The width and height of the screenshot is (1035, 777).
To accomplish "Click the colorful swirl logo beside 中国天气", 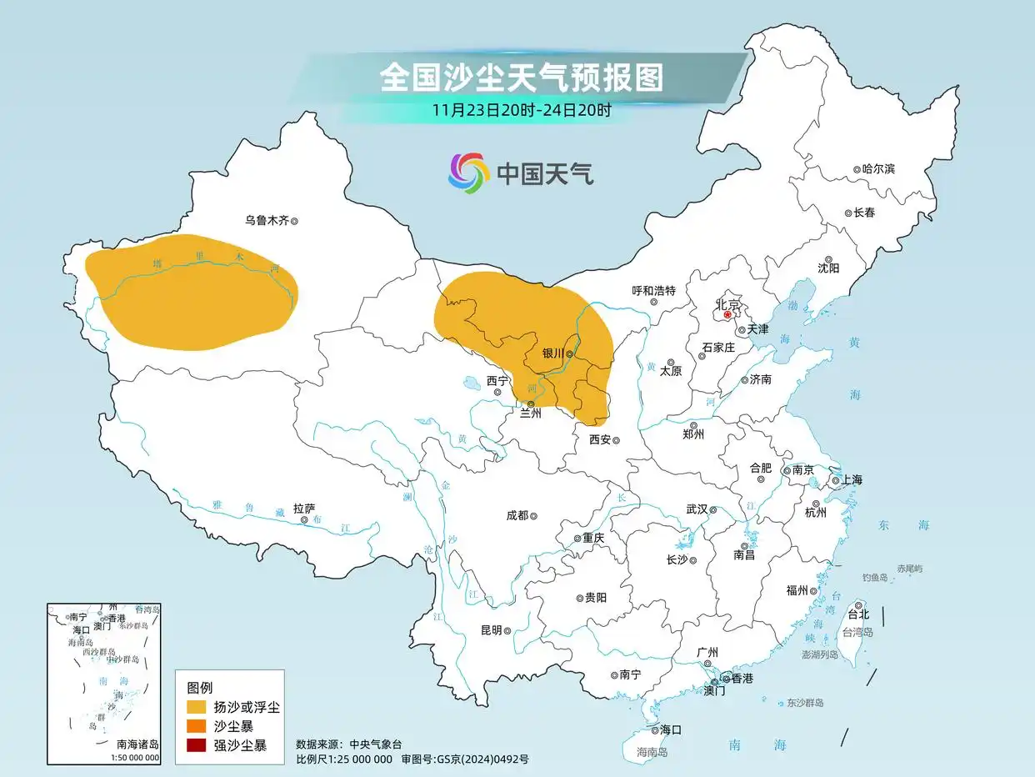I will [x=468, y=173].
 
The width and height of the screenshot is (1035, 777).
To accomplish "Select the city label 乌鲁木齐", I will [x=266, y=221].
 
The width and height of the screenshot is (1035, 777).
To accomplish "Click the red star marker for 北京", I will [x=727, y=315].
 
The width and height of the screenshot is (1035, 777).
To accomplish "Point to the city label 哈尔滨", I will [x=878, y=168].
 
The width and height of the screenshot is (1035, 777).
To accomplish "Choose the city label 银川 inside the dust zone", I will [x=553, y=353].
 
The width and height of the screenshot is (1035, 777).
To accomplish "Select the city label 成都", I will [x=517, y=515].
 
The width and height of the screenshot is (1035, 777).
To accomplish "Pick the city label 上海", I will [x=852, y=479].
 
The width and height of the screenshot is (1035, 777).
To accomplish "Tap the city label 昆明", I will [x=492, y=630].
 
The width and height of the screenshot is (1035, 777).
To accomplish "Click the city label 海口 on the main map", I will [x=671, y=729].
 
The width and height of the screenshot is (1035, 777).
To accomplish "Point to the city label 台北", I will [x=857, y=614].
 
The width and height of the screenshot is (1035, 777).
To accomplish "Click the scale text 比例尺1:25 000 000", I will [x=344, y=759].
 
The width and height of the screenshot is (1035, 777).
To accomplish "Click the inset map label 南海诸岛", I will [x=137, y=744].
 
